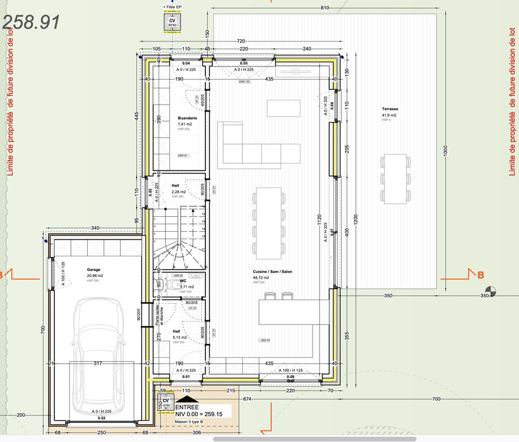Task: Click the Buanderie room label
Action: tap(187, 118)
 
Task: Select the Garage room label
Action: tap(94, 269)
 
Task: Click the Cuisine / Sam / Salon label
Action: tap(273, 271)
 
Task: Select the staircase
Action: tap(179, 236)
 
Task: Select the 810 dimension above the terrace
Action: tap(324, 7)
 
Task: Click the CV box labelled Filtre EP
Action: tap(172, 21)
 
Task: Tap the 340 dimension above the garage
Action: tap(95, 228)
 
